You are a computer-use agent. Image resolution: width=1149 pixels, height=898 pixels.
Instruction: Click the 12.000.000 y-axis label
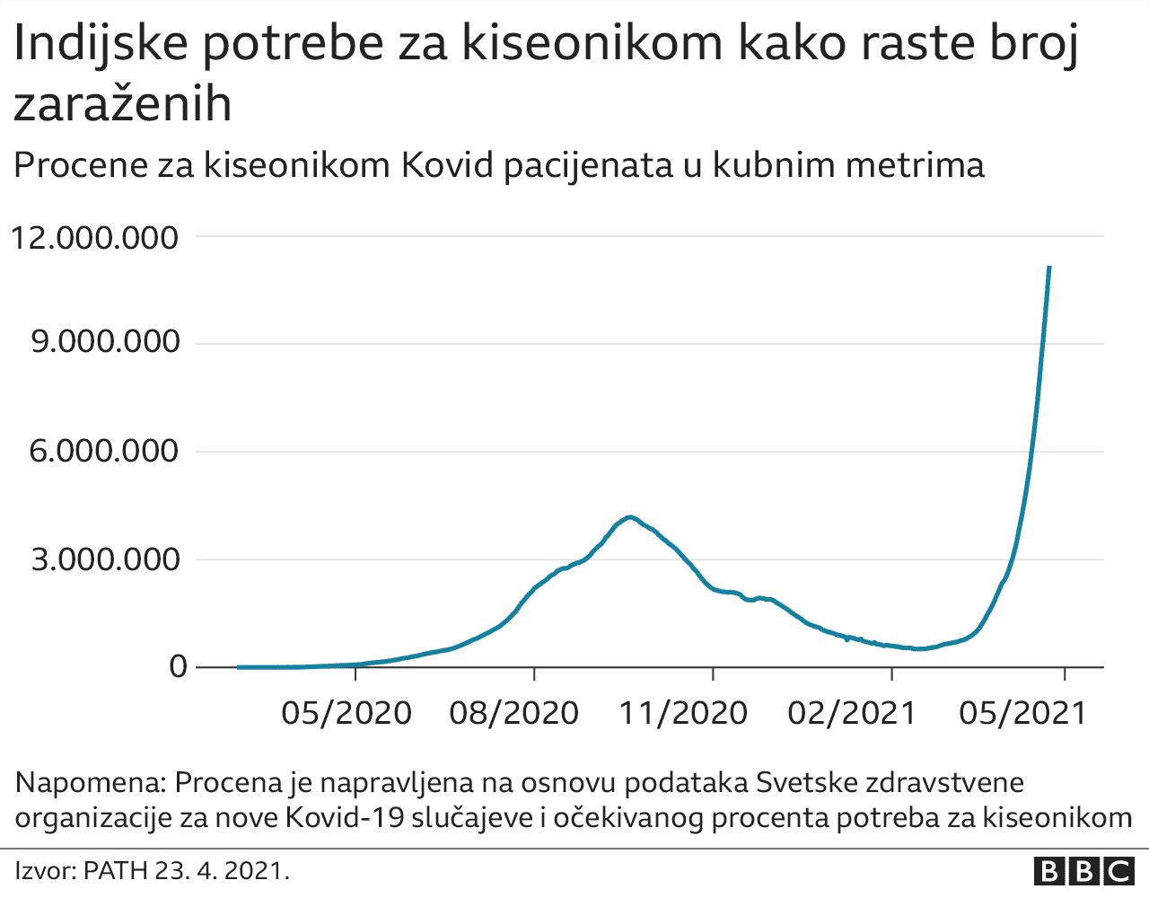94,238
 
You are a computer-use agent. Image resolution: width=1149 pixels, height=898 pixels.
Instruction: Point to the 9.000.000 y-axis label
105,343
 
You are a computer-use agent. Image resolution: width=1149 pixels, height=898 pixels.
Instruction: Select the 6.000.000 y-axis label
105,451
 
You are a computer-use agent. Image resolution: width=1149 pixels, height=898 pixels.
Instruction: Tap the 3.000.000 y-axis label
105,559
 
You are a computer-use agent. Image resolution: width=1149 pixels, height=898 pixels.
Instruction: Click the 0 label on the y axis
179,667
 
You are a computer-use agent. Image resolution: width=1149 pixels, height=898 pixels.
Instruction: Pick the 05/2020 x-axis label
346,714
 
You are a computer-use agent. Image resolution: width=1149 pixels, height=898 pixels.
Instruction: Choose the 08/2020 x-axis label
513,714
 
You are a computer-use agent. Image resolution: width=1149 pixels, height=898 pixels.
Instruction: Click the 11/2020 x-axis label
683,714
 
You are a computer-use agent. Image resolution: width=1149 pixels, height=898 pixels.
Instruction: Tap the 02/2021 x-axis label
851,714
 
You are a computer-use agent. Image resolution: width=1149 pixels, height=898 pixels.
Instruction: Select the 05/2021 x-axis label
1022,714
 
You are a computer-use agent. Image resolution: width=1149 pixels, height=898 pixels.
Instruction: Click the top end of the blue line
1049,267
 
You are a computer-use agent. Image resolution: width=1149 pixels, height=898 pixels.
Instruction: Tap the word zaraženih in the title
123,104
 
